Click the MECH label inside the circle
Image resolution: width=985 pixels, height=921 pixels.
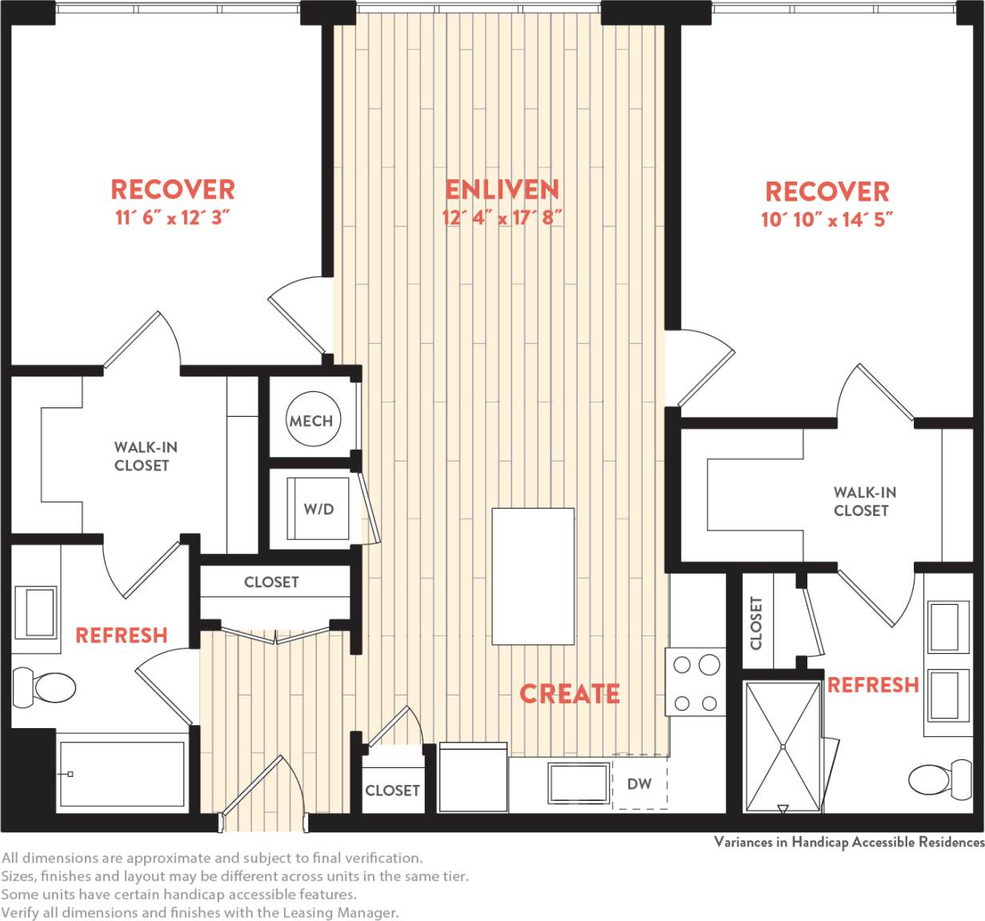(311, 421)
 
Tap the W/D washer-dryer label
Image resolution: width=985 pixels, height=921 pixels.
(318, 509)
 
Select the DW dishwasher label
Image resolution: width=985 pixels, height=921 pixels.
(639, 784)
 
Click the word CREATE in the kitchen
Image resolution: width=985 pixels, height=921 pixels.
(570, 694)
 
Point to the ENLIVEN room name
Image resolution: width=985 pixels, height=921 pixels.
(502, 190)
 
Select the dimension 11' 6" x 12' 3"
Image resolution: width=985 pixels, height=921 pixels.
(173, 218)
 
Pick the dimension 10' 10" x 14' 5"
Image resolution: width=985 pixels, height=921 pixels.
(827, 219)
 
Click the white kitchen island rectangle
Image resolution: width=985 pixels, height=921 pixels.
(533, 576)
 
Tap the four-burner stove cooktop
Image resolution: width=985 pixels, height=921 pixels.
(695, 683)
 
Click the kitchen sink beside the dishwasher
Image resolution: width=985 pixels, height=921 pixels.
(579, 783)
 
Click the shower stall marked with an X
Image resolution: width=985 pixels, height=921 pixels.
(783, 747)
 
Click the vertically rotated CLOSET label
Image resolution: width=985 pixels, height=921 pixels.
(756, 623)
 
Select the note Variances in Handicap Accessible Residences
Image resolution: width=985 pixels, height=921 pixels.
(848, 842)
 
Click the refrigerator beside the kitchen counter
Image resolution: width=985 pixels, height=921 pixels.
(473, 778)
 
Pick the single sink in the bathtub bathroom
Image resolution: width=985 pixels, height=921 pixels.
(36, 613)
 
